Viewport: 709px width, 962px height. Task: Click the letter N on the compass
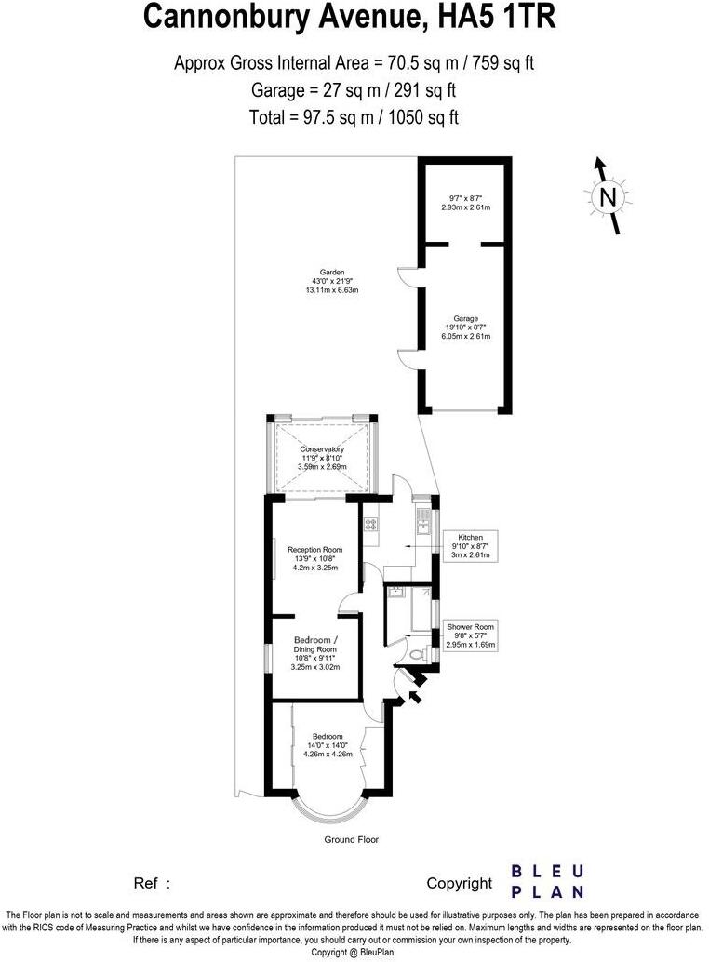tap(608, 197)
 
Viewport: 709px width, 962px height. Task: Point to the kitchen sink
tap(424, 525)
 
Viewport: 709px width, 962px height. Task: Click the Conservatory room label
tap(322, 450)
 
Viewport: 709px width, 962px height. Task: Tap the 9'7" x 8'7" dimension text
tap(465, 197)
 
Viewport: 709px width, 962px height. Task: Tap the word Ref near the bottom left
tap(146, 884)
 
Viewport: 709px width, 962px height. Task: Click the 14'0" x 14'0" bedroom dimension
tap(327, 744)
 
